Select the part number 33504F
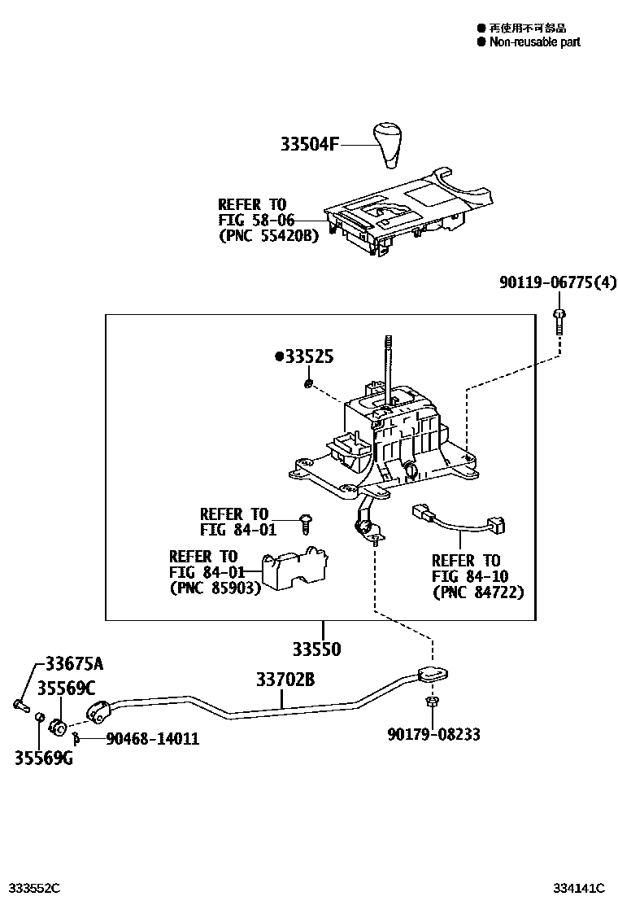point(308,145)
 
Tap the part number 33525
point(305,357)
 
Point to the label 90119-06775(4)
point(557,283)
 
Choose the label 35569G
point(42,759)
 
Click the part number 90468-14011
point(152,739)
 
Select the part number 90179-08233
point(433,735)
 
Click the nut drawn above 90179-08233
point(433,701)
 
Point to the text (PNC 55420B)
point(268,236)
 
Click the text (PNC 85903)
point(215,588)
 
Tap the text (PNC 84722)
point(477,592)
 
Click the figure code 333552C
point(34,887)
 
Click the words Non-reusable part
point(534,42)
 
